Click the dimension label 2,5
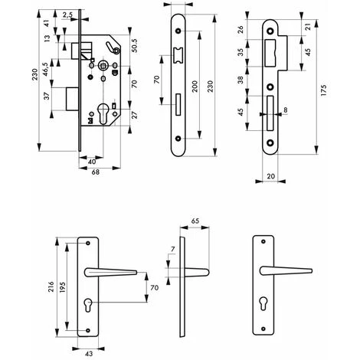67,15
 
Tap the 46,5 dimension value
46,69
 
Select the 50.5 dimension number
134,45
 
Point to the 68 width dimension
96,172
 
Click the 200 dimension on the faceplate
195,87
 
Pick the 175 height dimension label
323,90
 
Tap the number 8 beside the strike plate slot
286,110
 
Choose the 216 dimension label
51,287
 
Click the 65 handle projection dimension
195,221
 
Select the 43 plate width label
89,354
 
